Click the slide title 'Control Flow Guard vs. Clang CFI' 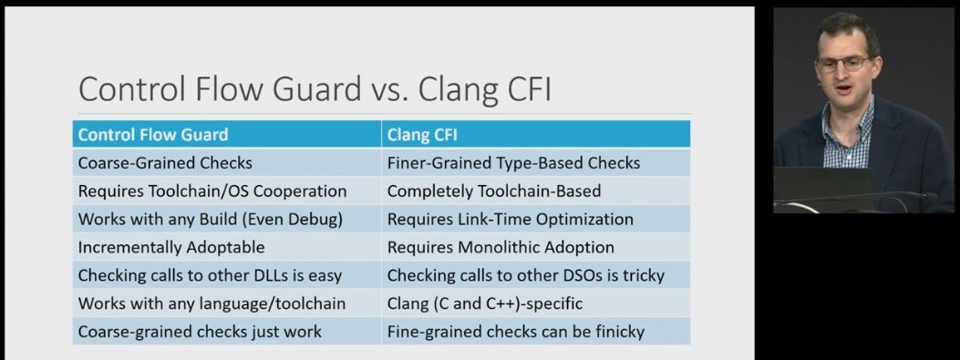pyautogui.click(x=315, y=90)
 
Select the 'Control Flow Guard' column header pyautogui.click(x=153, y=135)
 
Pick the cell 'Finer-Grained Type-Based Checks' pyautogui.click(x=513, y=163)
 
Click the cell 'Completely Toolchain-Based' pyautogui.click(x=493, y=191)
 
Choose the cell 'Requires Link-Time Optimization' pyautogui.click(x=510, y=220)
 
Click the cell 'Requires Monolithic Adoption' pyautogui.click(x=501, y=247)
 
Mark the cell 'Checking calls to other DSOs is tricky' pyautogui.click(x=525, y=275)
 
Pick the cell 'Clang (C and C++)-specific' pyautogui.click(x=484, y=303)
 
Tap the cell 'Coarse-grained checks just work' pyautogui.click(x=200, y=331)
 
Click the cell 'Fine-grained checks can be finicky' pyautogui.click(x=515, y=331)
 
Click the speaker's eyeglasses pyautogui.click(x=842, y=64)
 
